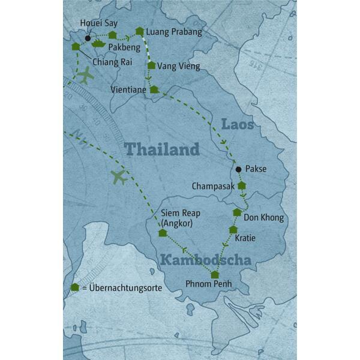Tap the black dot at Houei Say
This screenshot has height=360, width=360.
[x=88, y=38]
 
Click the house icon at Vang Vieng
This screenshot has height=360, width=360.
[x=151, y=65]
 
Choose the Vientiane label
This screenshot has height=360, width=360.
[x=128, y=89]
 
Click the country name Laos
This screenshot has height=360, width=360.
[x=238, y=125]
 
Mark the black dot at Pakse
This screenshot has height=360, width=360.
[x=239, y=169]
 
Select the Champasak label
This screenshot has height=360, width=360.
[x=214, y=187]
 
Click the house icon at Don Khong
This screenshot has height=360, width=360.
[x=237, y=212]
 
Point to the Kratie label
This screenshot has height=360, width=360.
[x=245, y=238]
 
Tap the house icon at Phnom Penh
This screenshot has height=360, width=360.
[x=215, y=275]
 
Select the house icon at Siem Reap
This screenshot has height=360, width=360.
[x=162, y=233]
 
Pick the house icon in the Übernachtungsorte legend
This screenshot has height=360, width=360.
[x=74, y=287]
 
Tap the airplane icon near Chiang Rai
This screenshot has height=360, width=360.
[x=85, y=76]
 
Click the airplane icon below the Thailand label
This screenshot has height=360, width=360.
[x=119, y=177]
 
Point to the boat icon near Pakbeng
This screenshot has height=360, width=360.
[x=98, y=43]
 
